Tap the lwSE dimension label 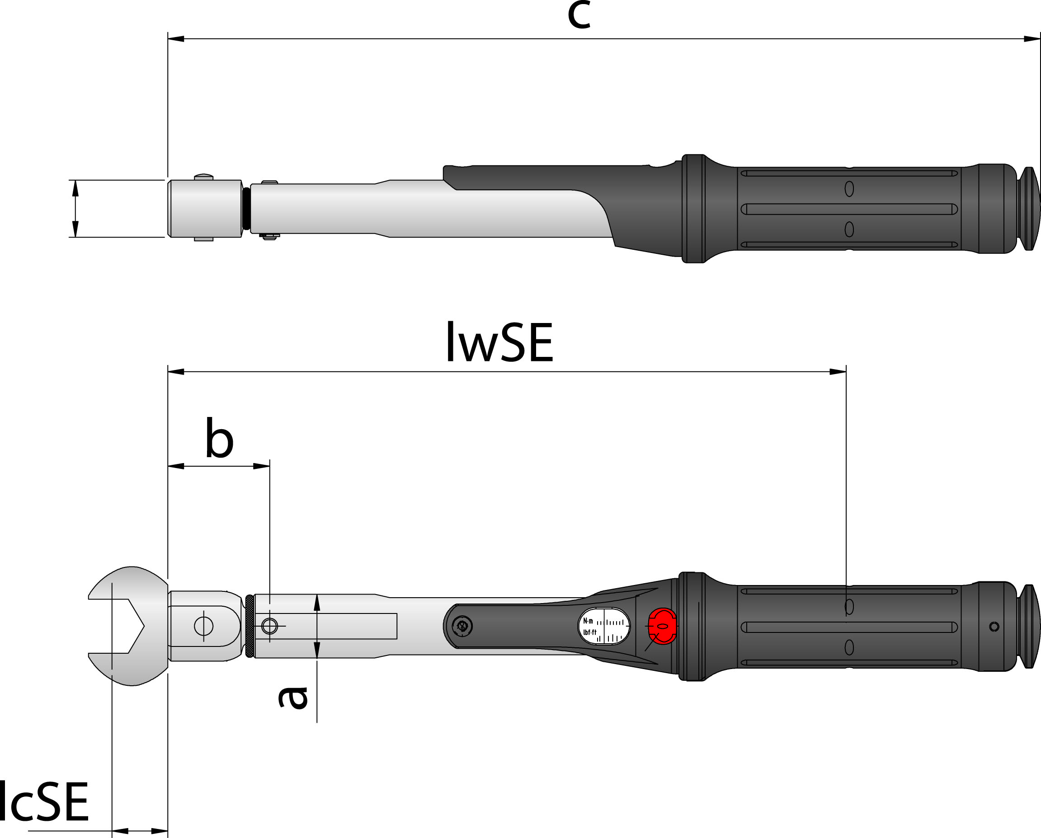pyautogui.click(x=499, y=342)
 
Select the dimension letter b pyautogui.click(x=219, y=438)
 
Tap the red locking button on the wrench pyautogui.click(x=662, y=626)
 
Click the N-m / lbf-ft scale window pyautogui.click(x=604, y=626)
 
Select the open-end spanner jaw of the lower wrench pyautogui.click(x=128, y=626)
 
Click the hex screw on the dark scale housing pyautogui.click(x=462, y=627)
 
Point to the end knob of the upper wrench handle pyautogui.click(x=1029, y=209)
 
